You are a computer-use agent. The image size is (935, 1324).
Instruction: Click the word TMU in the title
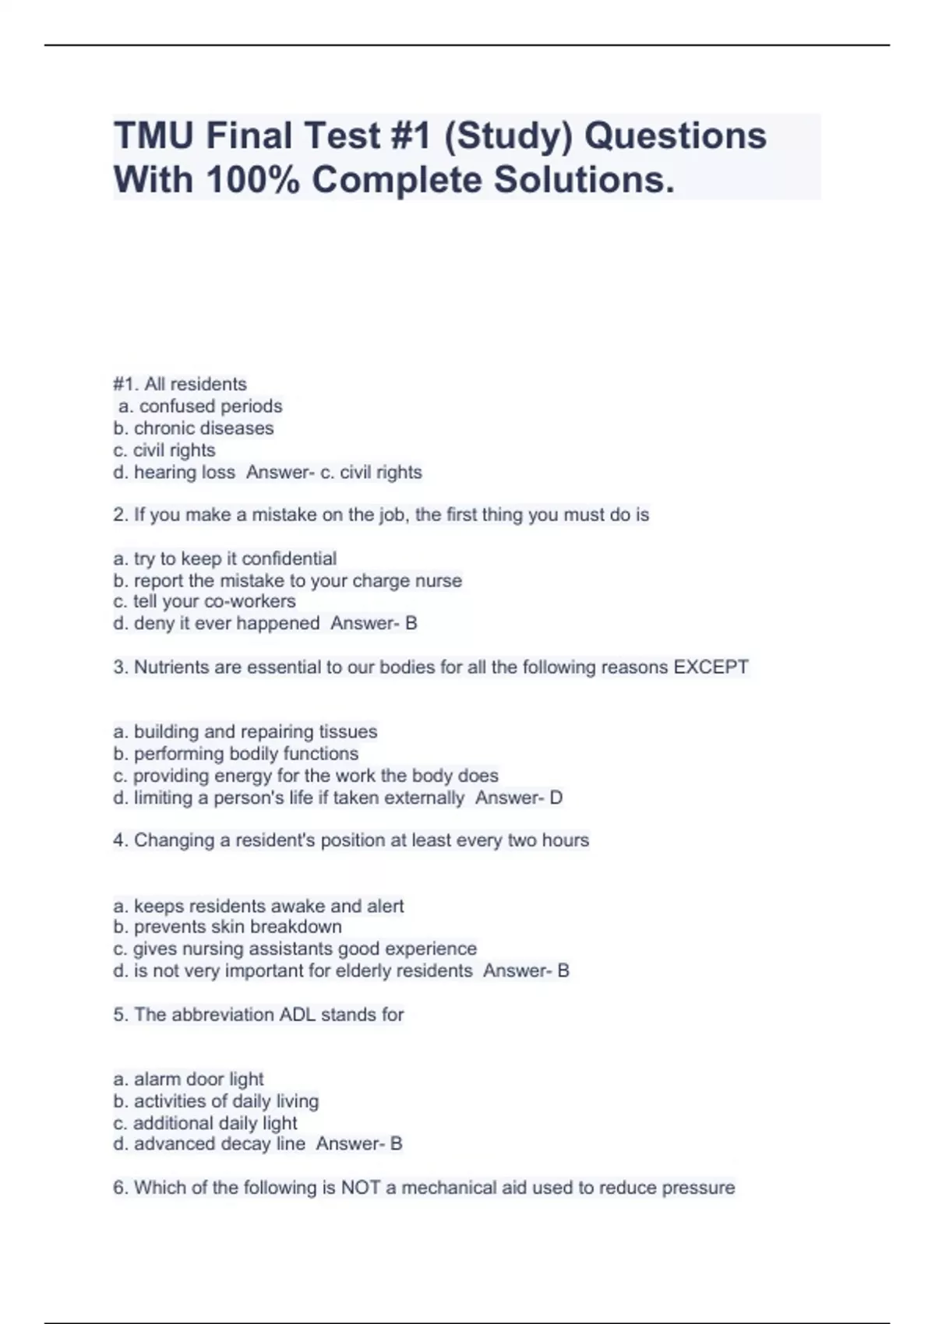[x=153, y=136]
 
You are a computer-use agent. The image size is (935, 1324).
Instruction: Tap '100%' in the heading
[x=253, y=180]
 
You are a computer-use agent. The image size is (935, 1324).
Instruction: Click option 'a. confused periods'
[x=200, y=406]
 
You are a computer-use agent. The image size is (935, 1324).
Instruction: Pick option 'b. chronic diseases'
[x=193, y=428]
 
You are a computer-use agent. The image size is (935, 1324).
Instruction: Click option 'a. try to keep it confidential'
[x=224, y=558]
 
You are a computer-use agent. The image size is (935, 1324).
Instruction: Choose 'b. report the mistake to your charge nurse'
[x=287, y=580]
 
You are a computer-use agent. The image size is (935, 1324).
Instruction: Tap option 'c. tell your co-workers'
[x=204, y=601]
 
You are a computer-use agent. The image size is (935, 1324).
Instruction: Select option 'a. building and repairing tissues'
[x=245, y=731]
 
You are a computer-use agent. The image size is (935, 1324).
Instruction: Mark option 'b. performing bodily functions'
[x=235, y=753]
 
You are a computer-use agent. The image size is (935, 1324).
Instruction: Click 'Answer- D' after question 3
[x=518, y=798]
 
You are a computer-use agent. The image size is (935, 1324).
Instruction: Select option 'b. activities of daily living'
[x=216, y=1100]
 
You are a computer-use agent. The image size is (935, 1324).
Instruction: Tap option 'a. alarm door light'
[x=188, y=1079]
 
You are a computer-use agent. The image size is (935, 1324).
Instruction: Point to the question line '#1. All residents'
[x=180, y=384]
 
